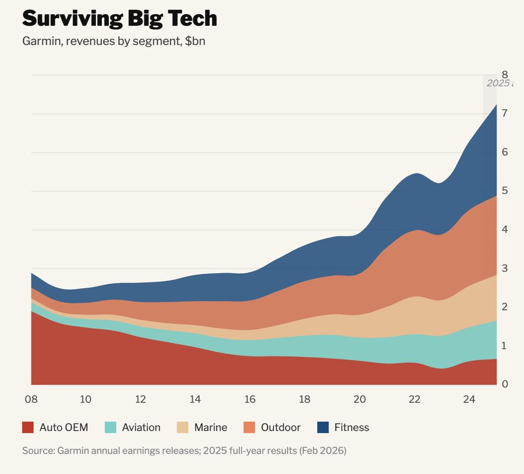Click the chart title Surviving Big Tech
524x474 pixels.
tap(119, 19)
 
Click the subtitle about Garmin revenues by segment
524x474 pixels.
tap(114, 42)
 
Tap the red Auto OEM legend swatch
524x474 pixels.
tap(28, 427)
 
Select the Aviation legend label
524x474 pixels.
tap(141, 427)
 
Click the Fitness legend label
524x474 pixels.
tap(352, 427)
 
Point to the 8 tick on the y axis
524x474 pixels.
tap(505, 75)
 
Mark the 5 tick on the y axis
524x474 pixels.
tap(505, 191)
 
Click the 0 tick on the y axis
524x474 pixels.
tap(505, 384)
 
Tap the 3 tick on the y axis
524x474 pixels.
tap(505, 268)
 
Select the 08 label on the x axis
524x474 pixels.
tap(31, 399)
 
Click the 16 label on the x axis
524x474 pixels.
tap(250, 399)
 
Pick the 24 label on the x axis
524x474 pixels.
tap(469, 399)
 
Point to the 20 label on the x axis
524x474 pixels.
tap(360, 399)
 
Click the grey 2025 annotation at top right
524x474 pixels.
tap(498, 83)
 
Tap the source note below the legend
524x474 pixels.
tap(184, 451)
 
